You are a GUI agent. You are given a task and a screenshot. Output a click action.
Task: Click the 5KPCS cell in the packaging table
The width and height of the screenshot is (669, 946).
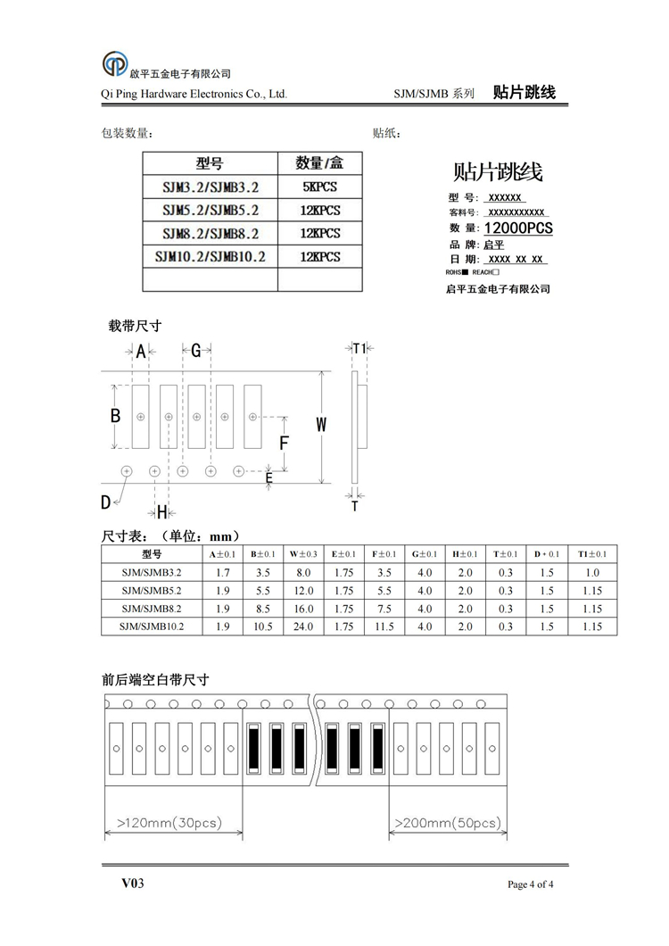click(x=320, y=187)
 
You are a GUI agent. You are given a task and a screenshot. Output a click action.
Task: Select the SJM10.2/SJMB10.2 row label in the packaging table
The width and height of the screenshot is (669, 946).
click(x=211, y=256)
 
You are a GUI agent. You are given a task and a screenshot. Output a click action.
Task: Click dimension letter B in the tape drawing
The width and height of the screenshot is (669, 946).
click(x=115, y=416)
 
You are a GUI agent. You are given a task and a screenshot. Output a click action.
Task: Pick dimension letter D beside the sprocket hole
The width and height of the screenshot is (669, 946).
click(x=105, y=502)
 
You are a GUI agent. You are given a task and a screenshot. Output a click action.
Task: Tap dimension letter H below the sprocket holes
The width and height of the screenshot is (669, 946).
click(x=162, y=511)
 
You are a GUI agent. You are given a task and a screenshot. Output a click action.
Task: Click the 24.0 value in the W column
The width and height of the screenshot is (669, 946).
click(x=303, y=627)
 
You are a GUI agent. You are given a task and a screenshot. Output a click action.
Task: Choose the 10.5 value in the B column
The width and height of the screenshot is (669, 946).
click(x=262, y=627)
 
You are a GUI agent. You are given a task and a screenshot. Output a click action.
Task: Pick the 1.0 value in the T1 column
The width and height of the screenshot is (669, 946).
click(x=592, y=573)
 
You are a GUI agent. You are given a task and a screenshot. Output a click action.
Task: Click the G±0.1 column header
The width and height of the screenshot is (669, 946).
click(x=425, y=554)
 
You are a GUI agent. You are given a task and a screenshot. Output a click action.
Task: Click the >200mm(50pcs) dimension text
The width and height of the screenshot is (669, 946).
click(x=447, y=822)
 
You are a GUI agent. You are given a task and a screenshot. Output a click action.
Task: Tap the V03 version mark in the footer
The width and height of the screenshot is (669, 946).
click(x=133, y=884)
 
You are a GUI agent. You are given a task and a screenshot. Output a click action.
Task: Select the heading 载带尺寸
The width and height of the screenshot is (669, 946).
click(x=134, y=326)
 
